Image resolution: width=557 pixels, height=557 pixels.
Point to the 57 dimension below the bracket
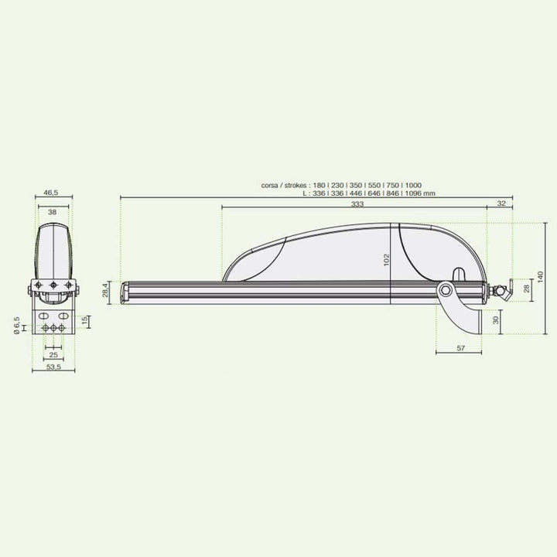click(460, 349)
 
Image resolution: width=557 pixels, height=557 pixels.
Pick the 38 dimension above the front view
click(53, 211)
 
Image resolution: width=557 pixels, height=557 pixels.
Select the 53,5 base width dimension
click(53, 368)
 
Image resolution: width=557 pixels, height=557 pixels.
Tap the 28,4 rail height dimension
click(107, 292)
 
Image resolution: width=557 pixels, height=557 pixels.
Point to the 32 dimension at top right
click(501, 204)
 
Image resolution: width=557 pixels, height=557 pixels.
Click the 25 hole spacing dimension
click(53, 354)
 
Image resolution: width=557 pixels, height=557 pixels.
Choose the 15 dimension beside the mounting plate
click(85, 320)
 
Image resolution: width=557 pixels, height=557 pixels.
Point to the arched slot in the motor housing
click(458, 274)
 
